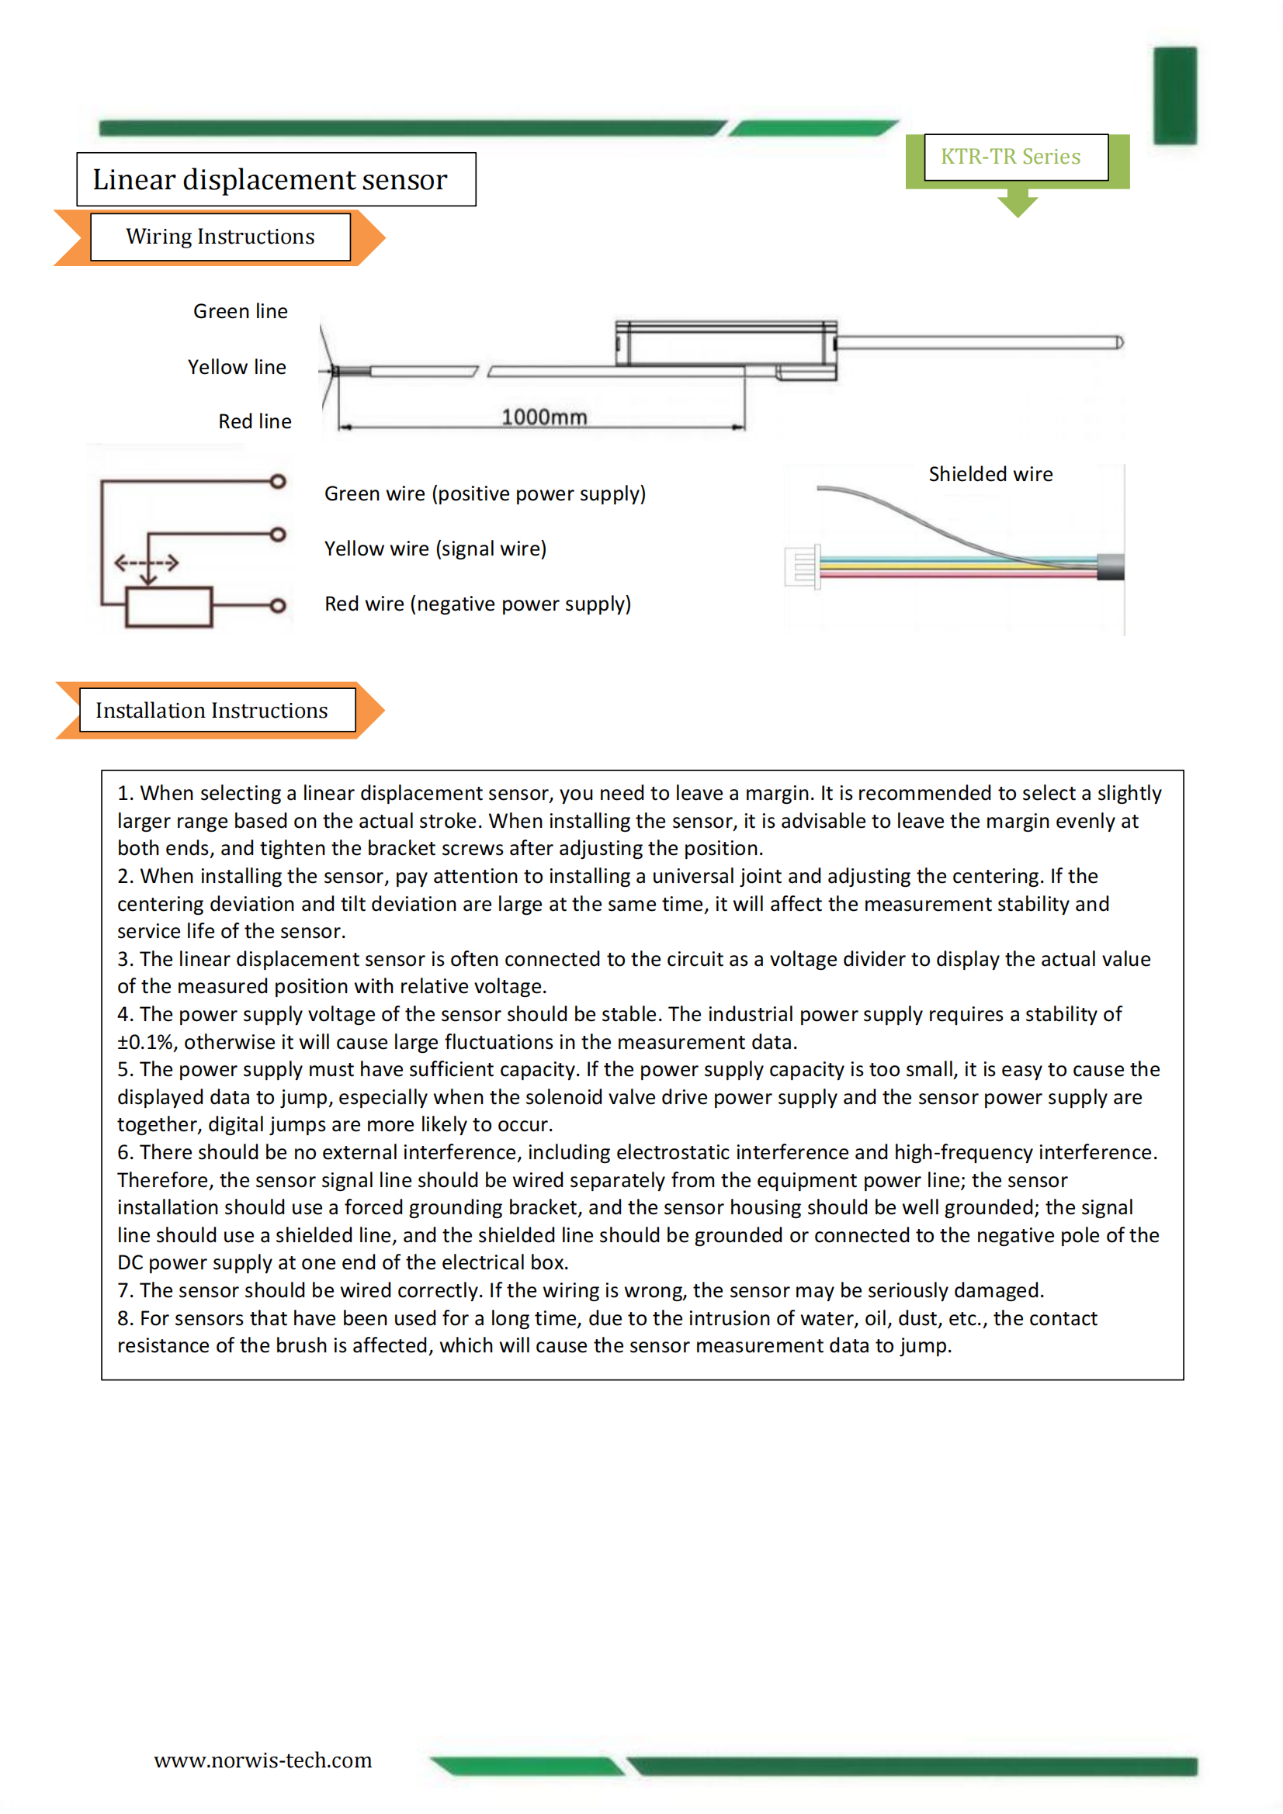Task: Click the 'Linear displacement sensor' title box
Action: (276, 179)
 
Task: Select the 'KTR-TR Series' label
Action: (1010, 157)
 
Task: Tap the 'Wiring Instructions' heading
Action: (220, 236)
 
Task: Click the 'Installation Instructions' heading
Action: (212, 710)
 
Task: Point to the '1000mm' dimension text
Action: (544, 417)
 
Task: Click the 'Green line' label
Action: (241, 311)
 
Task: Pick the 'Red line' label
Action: (255, 421)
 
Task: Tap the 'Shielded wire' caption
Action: (990, 474)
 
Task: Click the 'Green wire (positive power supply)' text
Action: (484, 493)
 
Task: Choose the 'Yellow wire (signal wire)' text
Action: (435, 549)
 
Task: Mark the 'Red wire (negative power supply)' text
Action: (477, 604)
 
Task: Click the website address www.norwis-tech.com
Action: (262, 1760)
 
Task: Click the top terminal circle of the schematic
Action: (277, 481)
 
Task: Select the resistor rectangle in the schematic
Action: (168, 607)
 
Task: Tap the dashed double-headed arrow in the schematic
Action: (146, 563)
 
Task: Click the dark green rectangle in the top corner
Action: (1174, 95)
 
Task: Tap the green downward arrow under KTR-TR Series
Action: (1018, 203)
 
